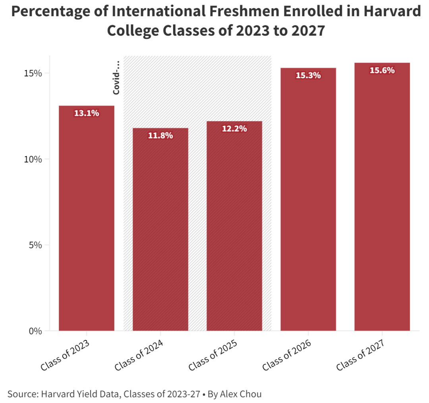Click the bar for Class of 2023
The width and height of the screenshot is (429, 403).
click(87, 218)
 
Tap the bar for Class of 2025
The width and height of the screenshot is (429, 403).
click(234, 226)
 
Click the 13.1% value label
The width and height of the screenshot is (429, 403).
click(87, 113)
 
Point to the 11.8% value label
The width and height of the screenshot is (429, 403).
click(160, 136)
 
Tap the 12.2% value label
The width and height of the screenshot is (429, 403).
click(234, 129)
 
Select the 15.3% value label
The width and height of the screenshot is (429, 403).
click(308, 75)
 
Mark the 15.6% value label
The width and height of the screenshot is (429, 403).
click(382, 71)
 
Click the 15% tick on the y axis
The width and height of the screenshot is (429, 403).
click(33, 73)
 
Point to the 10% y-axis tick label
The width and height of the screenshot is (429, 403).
click(33, 159)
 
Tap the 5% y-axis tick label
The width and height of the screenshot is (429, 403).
click(35, 245)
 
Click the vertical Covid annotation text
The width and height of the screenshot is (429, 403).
click(116, 78)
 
